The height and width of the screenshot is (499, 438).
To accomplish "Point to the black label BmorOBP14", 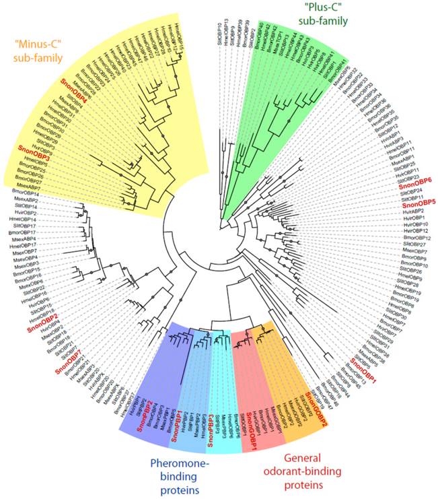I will coord(26,193).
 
